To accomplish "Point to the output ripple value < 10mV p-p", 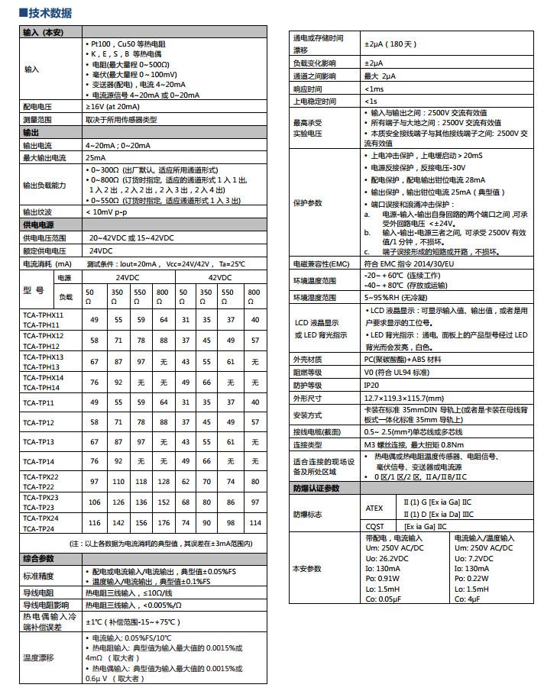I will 106,211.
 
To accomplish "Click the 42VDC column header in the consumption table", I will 220,277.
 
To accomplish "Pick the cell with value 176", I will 163,523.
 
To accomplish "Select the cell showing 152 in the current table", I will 163,502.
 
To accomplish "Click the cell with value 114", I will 254,523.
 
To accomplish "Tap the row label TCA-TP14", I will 38,461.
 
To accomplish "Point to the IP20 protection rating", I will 371,386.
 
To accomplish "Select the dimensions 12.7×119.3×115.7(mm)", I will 403,399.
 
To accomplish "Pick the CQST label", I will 374,526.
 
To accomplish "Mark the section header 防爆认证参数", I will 316,488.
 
